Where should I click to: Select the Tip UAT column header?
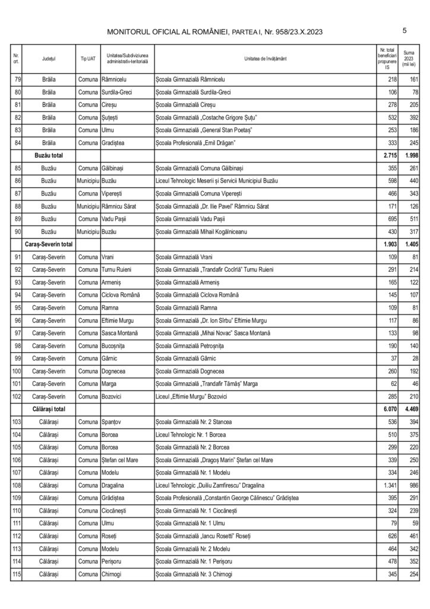(88, 59)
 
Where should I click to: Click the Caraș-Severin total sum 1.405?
(409, 244)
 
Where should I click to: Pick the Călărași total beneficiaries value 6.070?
(387, 409)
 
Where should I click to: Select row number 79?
(17, 79)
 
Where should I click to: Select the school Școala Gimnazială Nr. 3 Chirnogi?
(194, 575)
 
